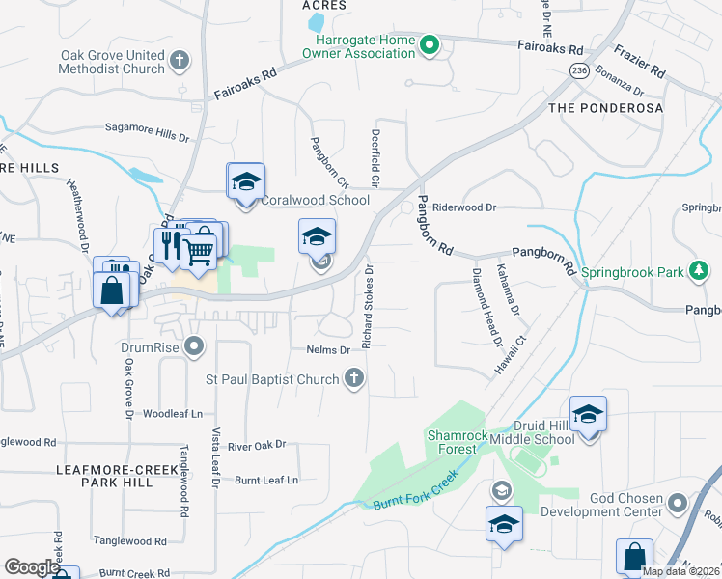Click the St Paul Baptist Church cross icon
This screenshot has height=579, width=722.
(354, 378)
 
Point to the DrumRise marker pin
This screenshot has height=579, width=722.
(196, 345)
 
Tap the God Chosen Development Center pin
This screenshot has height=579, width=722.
(678, 503)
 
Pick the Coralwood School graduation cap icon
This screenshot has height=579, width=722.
(246, 180)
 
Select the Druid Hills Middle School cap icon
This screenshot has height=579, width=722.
(588, 414)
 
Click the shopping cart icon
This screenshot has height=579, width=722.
(199, 252)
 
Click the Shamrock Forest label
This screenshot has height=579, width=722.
(452, 442)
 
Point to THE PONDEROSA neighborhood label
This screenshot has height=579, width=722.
(605, 108)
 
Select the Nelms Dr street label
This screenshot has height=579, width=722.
(327, 349)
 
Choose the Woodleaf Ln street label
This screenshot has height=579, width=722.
(173, 413)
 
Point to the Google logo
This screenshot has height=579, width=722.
(31, 567)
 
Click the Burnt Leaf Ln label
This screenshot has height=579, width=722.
(266, 479)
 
